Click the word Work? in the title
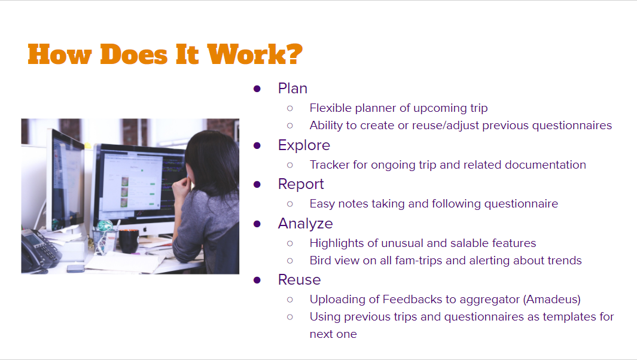coord(255,54)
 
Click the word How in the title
coord(60,54)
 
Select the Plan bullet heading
coord(292,88)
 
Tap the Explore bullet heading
coord(304,145)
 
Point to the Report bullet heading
coord(301,184)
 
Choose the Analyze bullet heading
coord(305,224)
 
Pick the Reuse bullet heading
coord(300,279)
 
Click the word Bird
coord(321,260)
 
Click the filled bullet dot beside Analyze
coord(257,224)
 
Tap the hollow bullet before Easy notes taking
coord(289,204)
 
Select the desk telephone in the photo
coord(40,251)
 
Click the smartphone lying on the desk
coord(75,268)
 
